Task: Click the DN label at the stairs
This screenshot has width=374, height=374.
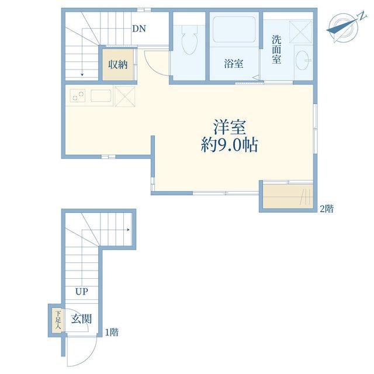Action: [139, 29]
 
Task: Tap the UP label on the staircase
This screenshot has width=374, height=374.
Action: [82, 291]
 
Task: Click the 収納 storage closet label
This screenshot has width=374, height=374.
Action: [118, 64]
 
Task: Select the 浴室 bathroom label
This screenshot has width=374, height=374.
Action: [234, 64]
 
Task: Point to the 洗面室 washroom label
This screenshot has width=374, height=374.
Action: [276, 49]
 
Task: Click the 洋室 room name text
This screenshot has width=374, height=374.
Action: [230, 127]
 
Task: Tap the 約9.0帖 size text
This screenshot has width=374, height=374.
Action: [230, 145]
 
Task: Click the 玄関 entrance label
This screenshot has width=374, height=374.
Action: [82, 318]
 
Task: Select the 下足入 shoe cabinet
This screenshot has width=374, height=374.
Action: [58, 320]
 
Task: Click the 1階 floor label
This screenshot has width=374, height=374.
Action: [112, 332]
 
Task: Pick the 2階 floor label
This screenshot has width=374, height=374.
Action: [327, 209]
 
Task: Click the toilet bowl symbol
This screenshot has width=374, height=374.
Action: [189, 40]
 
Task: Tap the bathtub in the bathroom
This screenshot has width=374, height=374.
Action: [234, 29]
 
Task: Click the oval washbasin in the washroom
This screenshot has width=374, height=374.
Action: [303, 60]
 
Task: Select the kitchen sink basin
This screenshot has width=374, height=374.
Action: [101, 95]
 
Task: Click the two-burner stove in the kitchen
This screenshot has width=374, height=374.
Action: [78, 95]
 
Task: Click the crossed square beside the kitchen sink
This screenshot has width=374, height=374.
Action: [124, 96]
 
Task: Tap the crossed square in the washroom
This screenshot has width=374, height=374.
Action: [300, 32]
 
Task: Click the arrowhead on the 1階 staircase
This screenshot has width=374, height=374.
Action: [129, 230]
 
